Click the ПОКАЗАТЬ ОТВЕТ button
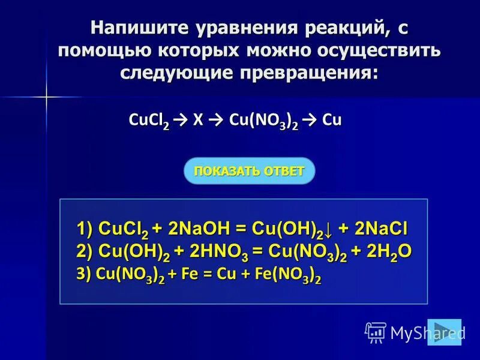249,171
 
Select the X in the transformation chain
197,120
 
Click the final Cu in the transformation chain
332,120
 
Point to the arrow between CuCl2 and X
178,121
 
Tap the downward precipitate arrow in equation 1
332,230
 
